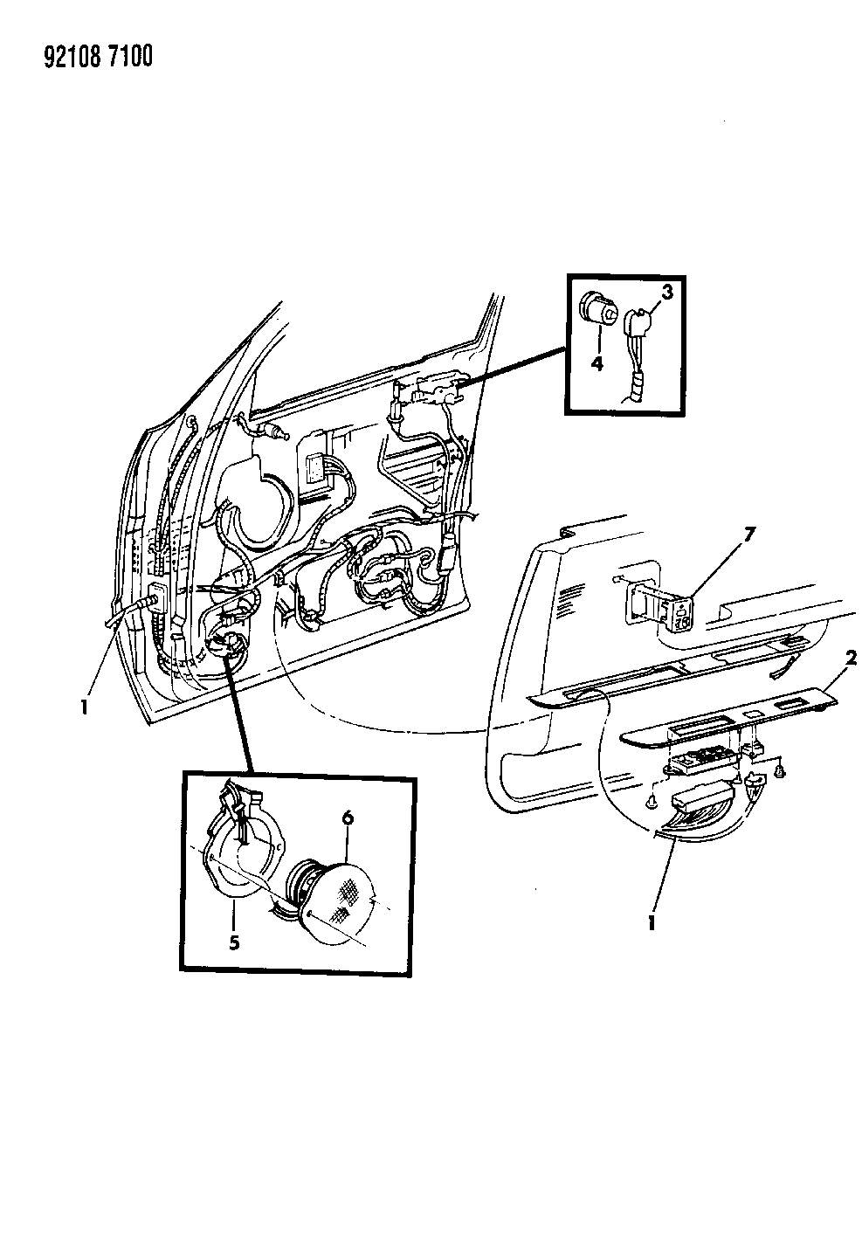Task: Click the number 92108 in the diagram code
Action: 71,57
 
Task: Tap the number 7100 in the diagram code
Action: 129,57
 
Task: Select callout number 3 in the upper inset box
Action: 667,293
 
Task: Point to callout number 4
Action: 597,364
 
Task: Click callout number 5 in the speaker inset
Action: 234,942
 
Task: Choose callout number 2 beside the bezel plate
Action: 851,659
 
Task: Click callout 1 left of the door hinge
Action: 84,707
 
